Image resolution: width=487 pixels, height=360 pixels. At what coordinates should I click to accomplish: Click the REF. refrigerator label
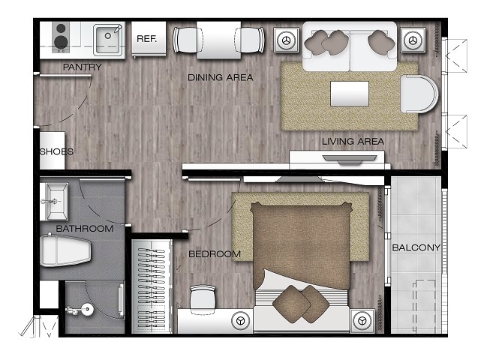coord(147,39)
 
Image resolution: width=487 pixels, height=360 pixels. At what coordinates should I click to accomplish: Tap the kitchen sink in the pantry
coord(107,40)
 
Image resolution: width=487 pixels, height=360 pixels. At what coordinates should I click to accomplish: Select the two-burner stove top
coord(61,37)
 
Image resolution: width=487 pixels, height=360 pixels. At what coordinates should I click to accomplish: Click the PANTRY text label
coord(83,67)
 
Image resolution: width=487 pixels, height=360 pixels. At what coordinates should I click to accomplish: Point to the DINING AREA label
coord(220,77)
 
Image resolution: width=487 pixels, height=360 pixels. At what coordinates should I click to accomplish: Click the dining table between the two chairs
coord(218,40)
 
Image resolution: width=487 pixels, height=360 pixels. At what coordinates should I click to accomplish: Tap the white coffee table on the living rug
coord(350,94)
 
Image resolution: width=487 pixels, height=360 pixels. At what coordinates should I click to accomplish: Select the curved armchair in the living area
coord(419,94)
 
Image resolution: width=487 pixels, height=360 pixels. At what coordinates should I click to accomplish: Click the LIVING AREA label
coord(353,142)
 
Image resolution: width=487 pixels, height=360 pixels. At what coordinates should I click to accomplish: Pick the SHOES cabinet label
coord(56,151)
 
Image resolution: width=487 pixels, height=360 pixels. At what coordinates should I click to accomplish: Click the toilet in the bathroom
coord(65,250)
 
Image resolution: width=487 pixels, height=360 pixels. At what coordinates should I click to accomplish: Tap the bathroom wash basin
coord(55,202)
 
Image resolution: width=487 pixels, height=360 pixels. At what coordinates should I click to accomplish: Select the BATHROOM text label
coord(85,229)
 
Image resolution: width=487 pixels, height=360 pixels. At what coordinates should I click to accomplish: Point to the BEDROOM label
coord(215,254)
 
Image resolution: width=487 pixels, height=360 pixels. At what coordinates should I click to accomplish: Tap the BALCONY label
coord(416,247)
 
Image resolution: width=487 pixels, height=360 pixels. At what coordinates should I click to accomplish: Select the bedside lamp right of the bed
coord(362,320)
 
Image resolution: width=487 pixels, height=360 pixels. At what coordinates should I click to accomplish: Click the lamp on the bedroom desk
coord(241,320)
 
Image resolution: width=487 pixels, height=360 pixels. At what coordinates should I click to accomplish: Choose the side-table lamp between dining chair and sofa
coord(286,40)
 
